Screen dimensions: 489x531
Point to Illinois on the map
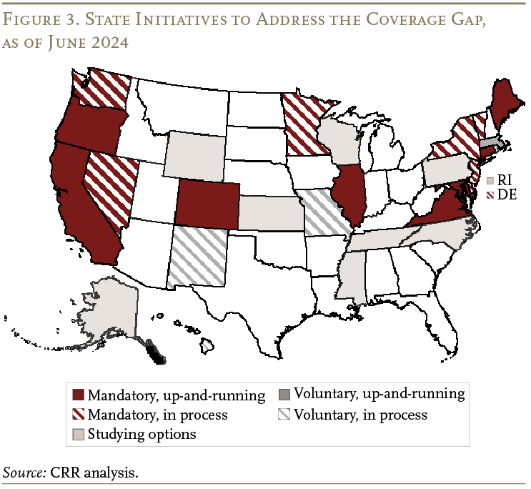click(x=349, y=193)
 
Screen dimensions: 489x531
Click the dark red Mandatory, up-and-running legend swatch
click(x=79, y=395)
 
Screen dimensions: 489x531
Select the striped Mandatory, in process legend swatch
click(x=79, y=415)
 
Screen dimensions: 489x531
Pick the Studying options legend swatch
click(x=79, y=434)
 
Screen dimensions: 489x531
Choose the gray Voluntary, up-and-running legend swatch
click(x=284, y=395)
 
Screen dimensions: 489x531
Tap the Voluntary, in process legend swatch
click(x=284, y=415)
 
